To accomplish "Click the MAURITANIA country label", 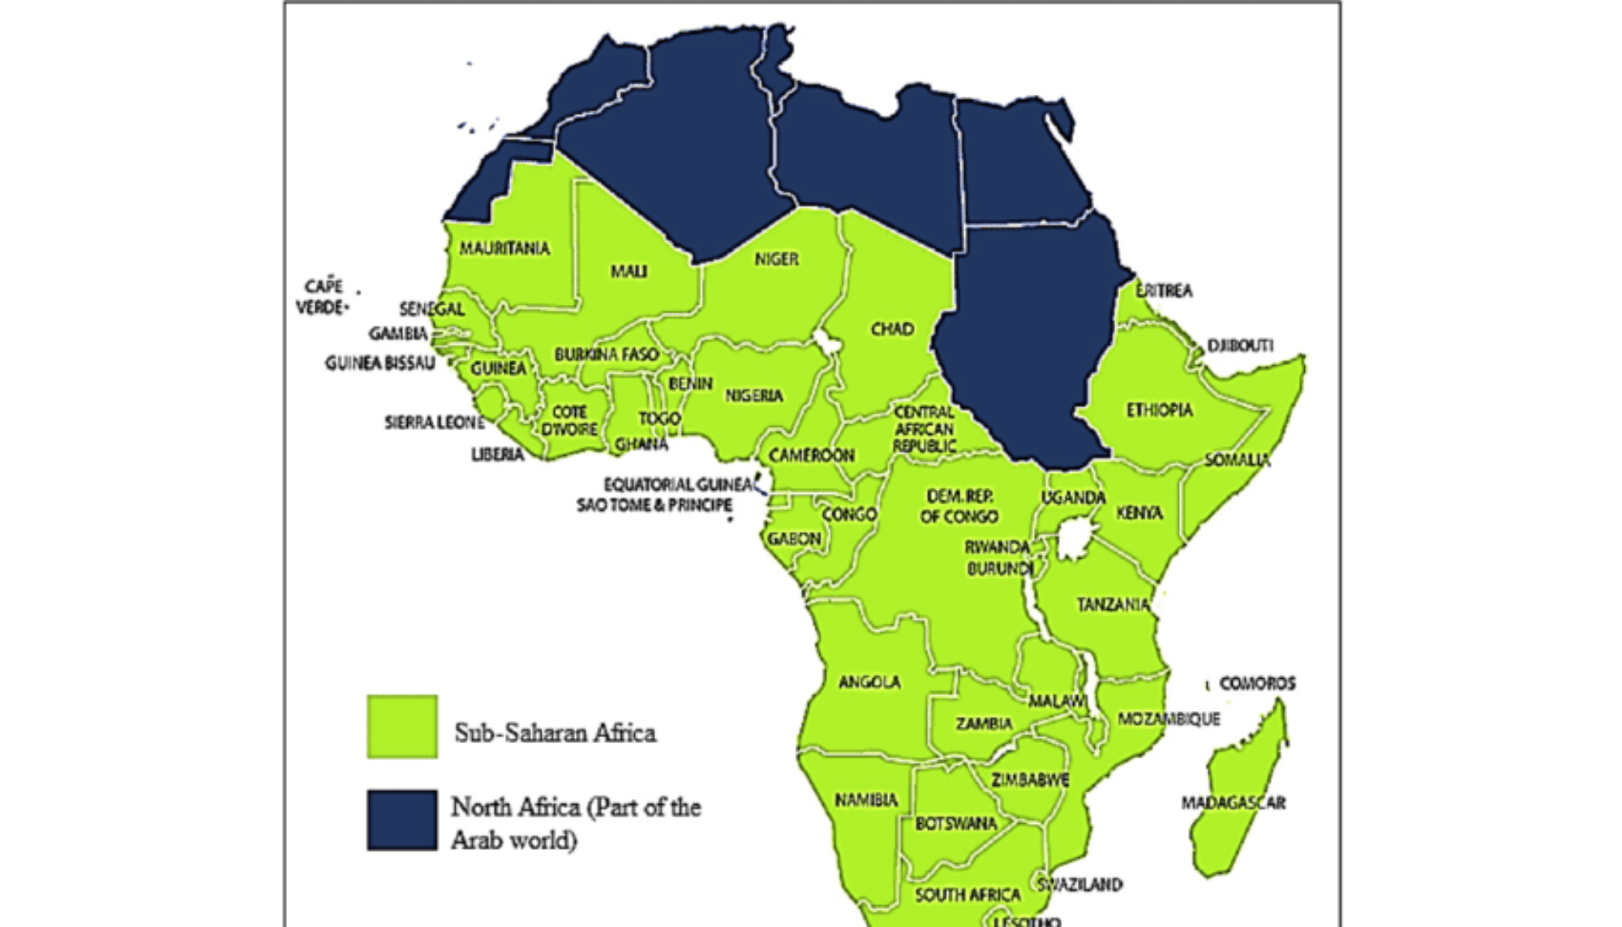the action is [504, 248].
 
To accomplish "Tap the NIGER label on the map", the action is [776, 259].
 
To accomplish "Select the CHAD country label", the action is [892, 328].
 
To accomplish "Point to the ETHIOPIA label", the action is [1159, 410].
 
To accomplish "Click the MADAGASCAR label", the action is [1233, 803].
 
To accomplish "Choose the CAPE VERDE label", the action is [323, 297].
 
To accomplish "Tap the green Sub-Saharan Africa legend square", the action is [402, 726].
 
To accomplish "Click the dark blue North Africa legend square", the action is [402, 819].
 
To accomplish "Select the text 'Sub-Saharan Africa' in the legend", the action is [555, 733].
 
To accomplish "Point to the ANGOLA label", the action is [869, 682].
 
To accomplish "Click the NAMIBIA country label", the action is [866, 800].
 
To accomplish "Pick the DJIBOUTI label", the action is [1240, 345].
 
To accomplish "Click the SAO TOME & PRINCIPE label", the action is [654, 505].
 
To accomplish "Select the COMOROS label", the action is [1257, 684].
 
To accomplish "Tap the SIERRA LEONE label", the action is [434, 423].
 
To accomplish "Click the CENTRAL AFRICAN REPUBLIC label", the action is [925, 429].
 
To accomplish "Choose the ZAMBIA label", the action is [983, 723].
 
